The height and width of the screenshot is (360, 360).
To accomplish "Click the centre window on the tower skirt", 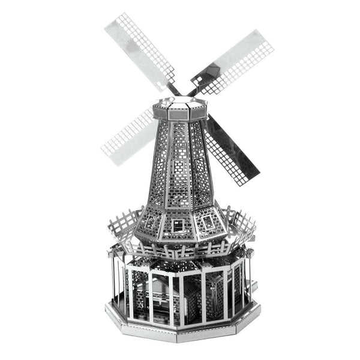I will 178,226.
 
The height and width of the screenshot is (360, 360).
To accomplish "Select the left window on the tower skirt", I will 149,223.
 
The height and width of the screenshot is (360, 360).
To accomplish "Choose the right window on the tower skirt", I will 208,223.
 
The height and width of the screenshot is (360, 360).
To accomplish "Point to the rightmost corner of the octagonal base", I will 254,303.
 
